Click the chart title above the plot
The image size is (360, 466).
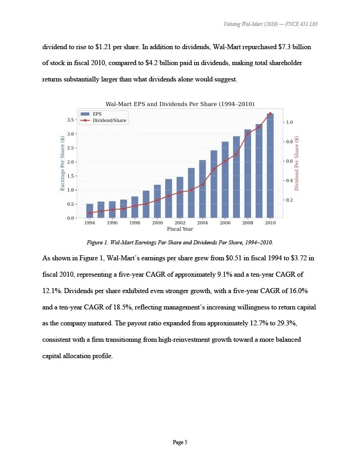tap(180, 104)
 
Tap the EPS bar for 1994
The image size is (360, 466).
tap(90, 211)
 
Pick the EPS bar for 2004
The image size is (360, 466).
tap(203, 189)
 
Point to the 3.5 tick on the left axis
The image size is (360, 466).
tap(73, 120)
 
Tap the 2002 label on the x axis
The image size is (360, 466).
tap(180, 223)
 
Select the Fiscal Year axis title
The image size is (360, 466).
tap(180, 229)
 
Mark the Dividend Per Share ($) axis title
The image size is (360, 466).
tap(297, 163)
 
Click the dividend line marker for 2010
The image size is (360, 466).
tap(270, 114)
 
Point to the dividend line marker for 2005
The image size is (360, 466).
tap(214, 169)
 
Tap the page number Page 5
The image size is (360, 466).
tap(180, 442)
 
